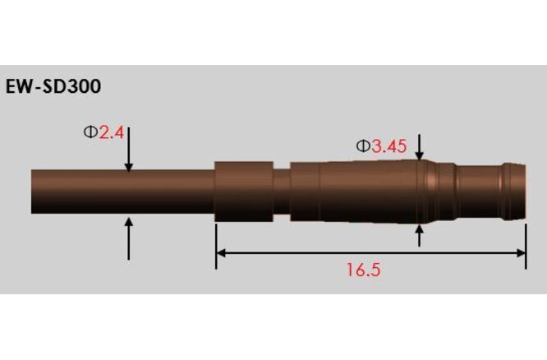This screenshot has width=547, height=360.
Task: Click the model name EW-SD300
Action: click(54, 86)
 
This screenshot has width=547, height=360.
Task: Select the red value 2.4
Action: click(111, 132)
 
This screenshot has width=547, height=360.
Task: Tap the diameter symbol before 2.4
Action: click(90, 132)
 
